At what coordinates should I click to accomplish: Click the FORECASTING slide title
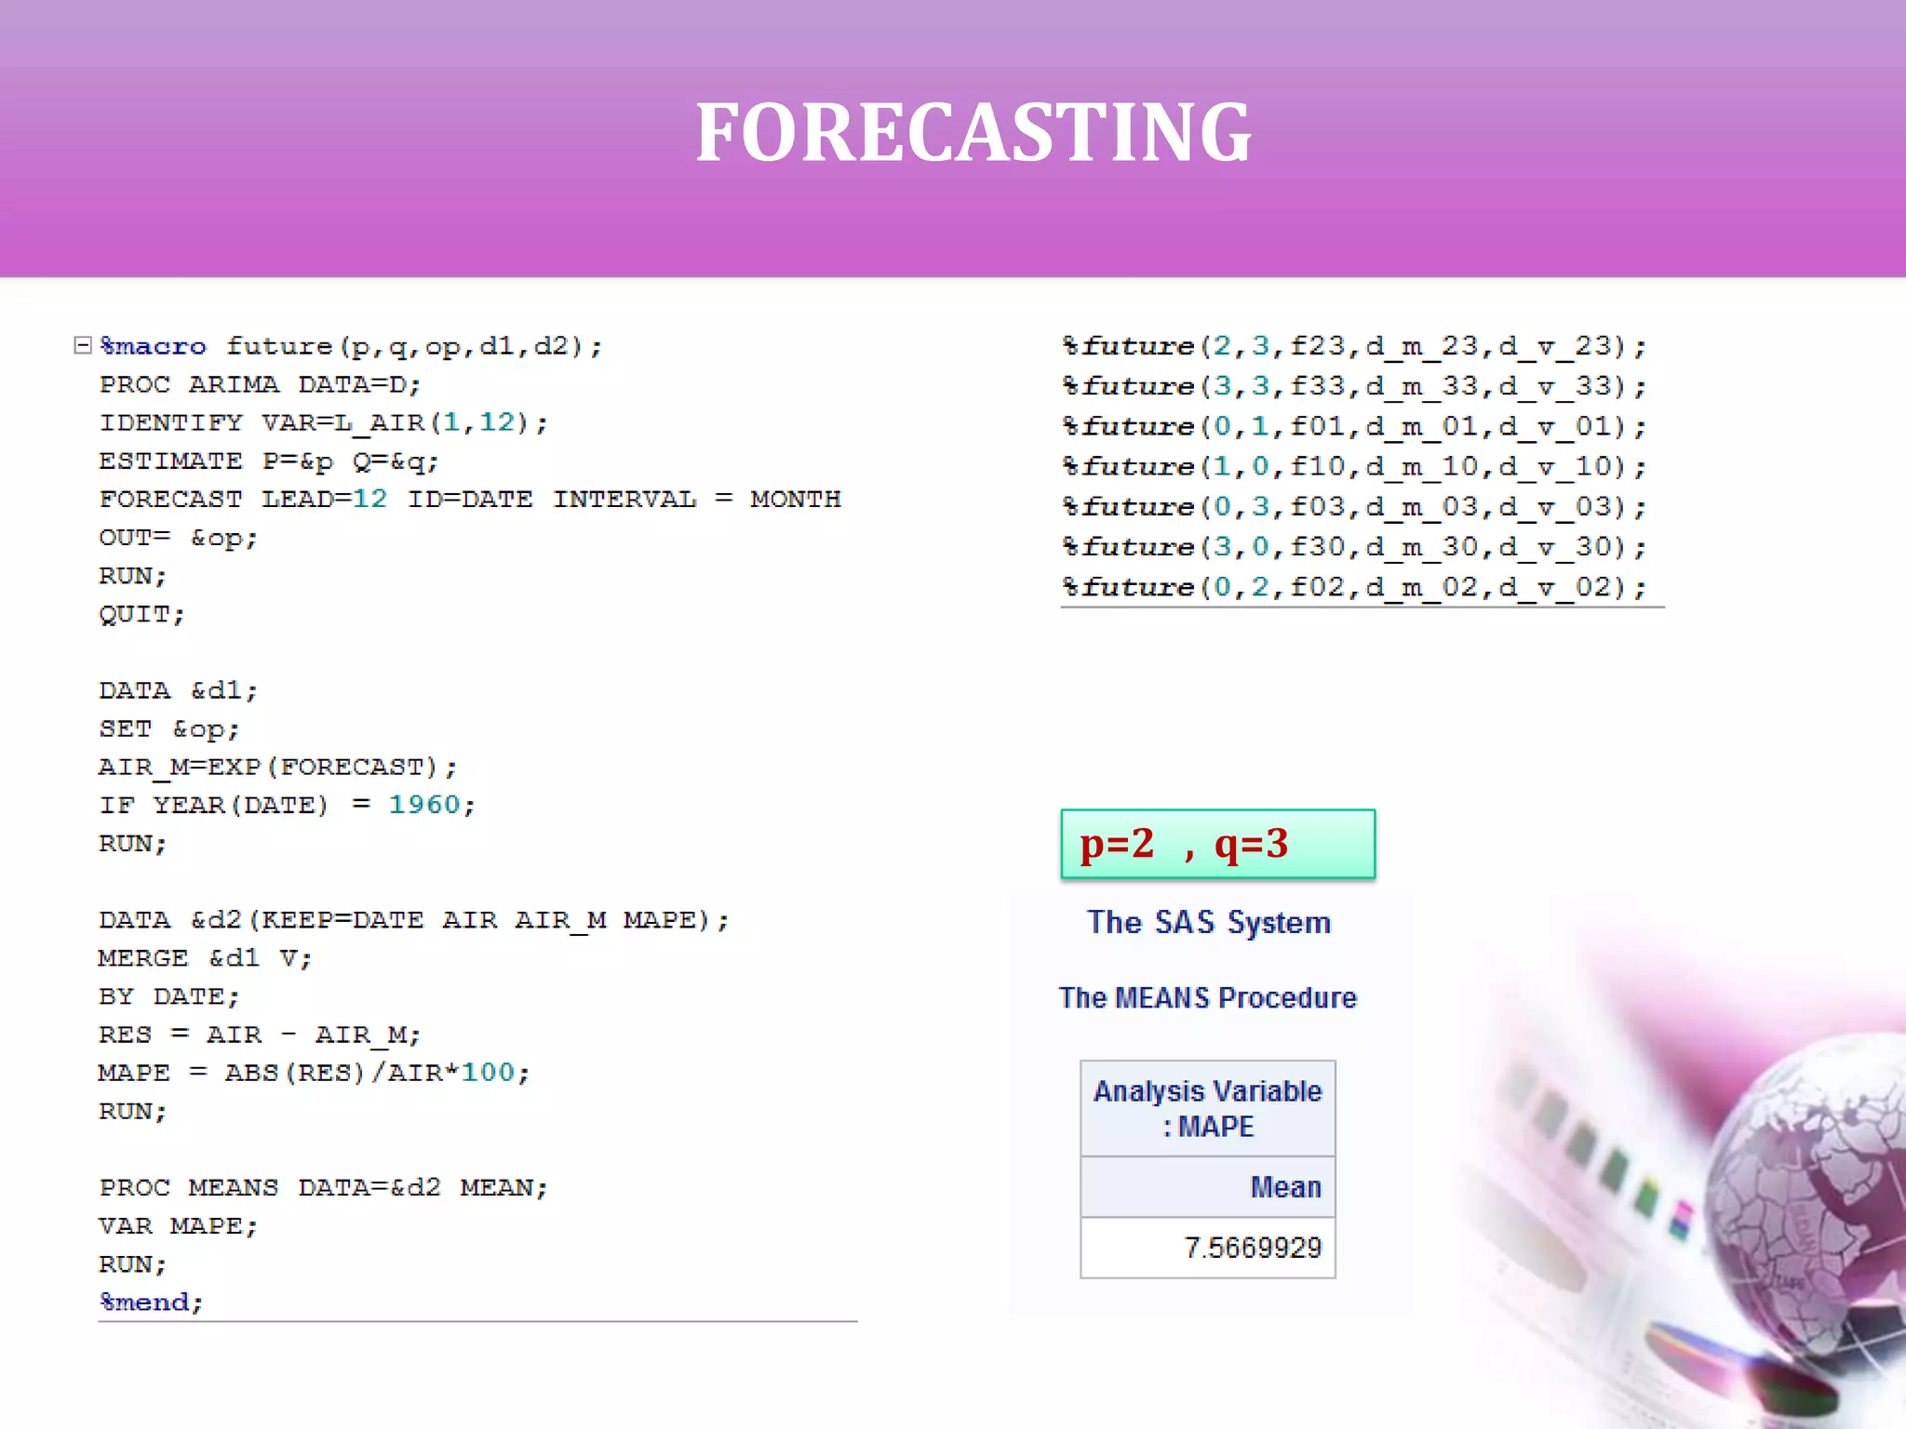(973, 133)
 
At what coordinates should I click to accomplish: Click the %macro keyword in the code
(154, 346)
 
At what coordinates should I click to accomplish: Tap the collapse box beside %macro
(83, 346)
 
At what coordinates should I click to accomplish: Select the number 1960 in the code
(423, 805)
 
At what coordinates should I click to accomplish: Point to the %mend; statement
(151, 1302)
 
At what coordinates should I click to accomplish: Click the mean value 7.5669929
(1252, 1248)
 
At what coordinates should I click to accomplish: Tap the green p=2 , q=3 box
(1217, 844)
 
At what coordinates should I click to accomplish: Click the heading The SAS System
(1209, 922)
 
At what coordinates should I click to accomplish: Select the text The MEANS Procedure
(1208, 997)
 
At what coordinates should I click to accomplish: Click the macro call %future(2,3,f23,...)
(1354, 347)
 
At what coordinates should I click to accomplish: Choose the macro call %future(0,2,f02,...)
(1354, 588)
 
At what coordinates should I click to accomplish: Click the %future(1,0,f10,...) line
(1354, 467)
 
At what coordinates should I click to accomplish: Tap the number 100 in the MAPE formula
(488, 1073)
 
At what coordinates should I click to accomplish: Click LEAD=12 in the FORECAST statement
(323, 500)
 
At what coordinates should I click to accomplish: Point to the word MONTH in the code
(795, 500)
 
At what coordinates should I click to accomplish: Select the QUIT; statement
(141, 614)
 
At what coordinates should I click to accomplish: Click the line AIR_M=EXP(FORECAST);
(277, 768)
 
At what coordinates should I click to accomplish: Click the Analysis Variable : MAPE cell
(1207, 1108)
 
